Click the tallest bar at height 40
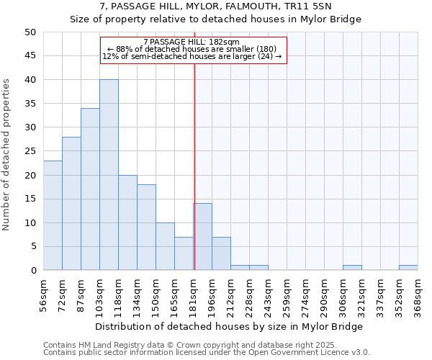[109, 175]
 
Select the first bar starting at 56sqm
[53, 215]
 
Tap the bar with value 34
[90, 189]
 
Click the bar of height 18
[146, 228]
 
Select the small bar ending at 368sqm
[408, 268]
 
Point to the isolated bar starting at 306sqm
[352, 268]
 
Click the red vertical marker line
[194, 158]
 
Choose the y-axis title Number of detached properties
[6, 151]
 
